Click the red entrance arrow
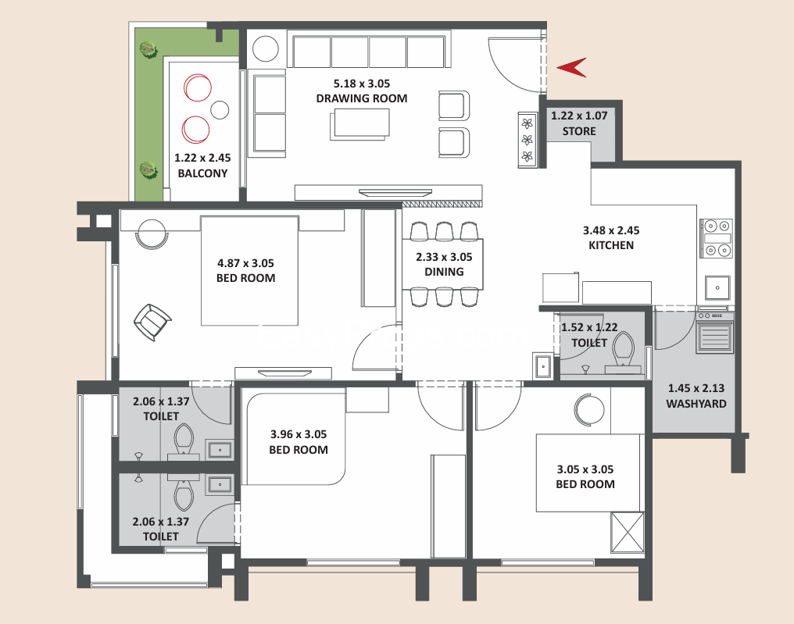(571, 67)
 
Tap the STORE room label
(579, 131)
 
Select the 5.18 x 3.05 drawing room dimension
(362, 84)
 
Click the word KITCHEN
(611, 245)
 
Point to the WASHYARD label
(696, 404)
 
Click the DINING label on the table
(444, 272)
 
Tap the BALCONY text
(202, 173)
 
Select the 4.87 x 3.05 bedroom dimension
(245, 263)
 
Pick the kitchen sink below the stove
(717, 287)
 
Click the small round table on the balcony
(220, 110)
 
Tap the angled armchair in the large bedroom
(152, 322)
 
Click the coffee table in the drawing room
(360, 124)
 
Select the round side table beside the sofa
(266, 48)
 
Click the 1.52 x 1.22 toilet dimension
(589, 327)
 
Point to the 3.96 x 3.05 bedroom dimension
(299, 434)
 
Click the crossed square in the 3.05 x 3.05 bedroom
(628, 533)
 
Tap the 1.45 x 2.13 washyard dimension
(696, 388)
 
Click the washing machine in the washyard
(715, 333)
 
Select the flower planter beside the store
(528, 140)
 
